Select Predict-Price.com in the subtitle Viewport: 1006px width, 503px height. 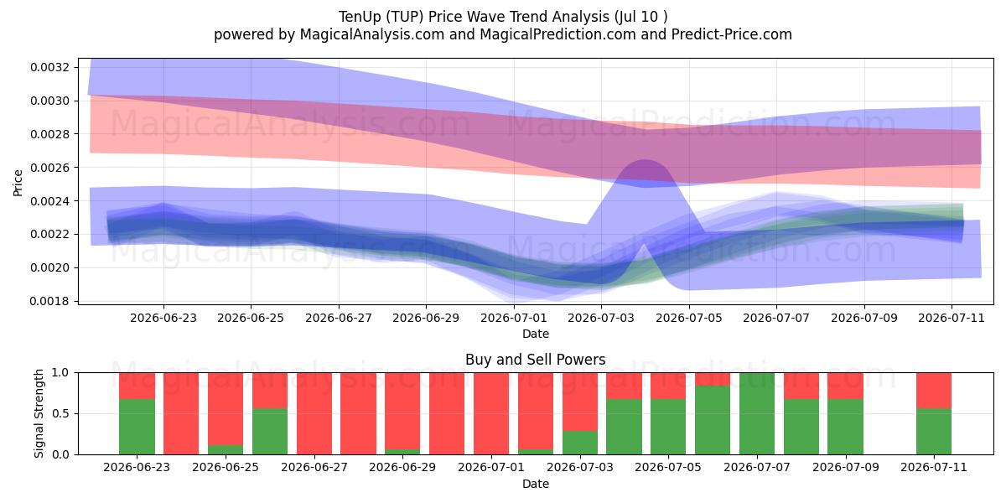coord(732,34)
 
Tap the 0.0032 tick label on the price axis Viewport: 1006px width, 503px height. coord(49,67)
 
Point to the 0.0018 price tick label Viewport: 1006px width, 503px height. coord(49,301)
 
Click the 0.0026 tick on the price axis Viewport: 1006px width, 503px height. coord(49,168)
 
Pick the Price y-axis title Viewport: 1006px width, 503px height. coord(18,183)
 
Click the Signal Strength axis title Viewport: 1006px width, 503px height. coord(39,413)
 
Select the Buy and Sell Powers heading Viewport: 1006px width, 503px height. coord(536,360)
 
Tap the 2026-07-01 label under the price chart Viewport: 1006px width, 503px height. coord(513,318)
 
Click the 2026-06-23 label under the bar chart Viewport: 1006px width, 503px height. coord(137,467)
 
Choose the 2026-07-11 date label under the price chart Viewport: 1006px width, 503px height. coord(952,318)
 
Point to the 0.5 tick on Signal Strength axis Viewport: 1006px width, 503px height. coord(60,413)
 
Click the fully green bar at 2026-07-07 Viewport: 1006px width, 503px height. coord(757,413)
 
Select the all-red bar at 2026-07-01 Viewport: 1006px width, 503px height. coord(491,413)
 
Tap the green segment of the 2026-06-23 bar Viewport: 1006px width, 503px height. coord(137,427)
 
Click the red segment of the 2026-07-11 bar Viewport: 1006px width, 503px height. coord(934,391)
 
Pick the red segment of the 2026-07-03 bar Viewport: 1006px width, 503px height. coord(580,402)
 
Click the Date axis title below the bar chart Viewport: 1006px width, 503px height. coord(536,484)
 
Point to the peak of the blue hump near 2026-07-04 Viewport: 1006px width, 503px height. coord(645,160)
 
